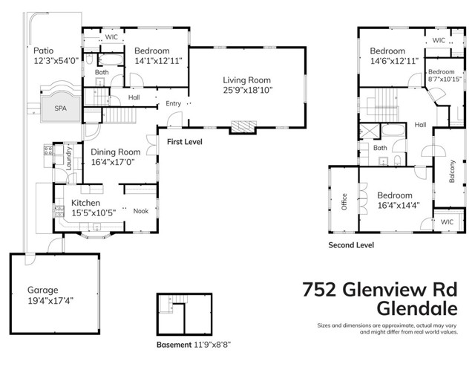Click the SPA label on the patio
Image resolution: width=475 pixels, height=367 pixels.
59,107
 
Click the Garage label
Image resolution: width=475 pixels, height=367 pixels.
43,290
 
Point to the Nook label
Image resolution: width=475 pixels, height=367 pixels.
140,211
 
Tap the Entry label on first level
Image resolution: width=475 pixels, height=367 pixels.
174,103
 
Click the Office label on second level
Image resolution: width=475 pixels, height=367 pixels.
344,202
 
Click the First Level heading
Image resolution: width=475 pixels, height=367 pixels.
186,140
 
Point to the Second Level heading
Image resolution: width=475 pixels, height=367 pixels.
351,244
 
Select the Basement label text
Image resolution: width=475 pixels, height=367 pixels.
175,345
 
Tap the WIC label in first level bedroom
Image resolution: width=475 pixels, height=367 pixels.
112,36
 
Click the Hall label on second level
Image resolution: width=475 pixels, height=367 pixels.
420,125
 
